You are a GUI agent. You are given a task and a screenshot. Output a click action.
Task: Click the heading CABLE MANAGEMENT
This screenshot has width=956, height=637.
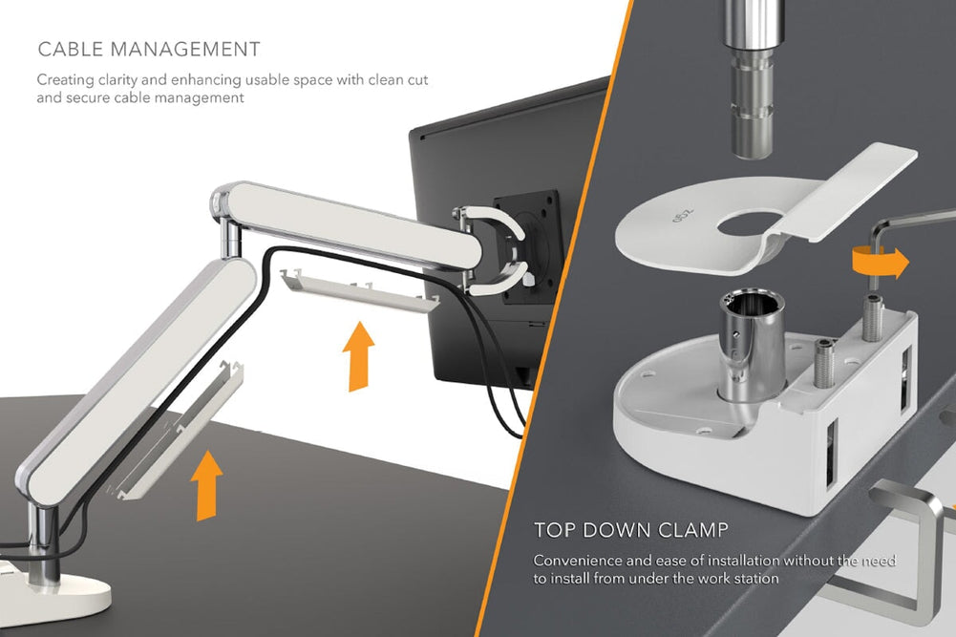pyautogui.click(x=148, y=49)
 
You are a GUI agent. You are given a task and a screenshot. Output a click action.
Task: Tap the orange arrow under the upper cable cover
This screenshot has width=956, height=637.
pyautogui.click(x=358, y=355)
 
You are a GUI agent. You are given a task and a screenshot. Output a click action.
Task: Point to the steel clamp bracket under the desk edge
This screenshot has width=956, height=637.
pyautogui.click(x=907, y=544)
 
